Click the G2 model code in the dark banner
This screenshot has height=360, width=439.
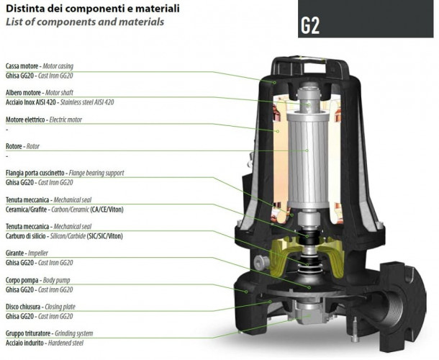310,26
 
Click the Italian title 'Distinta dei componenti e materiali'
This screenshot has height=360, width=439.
93,9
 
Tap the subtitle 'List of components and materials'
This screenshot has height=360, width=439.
85,22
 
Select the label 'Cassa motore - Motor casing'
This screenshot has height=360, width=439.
40,66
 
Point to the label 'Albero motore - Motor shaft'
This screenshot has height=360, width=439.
40,92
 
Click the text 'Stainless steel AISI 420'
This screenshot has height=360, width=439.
87,102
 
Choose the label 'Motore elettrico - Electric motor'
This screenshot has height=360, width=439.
44,120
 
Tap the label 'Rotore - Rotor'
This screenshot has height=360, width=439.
22,146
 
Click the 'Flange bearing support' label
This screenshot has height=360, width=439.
96,173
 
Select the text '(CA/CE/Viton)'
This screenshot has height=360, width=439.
107,210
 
